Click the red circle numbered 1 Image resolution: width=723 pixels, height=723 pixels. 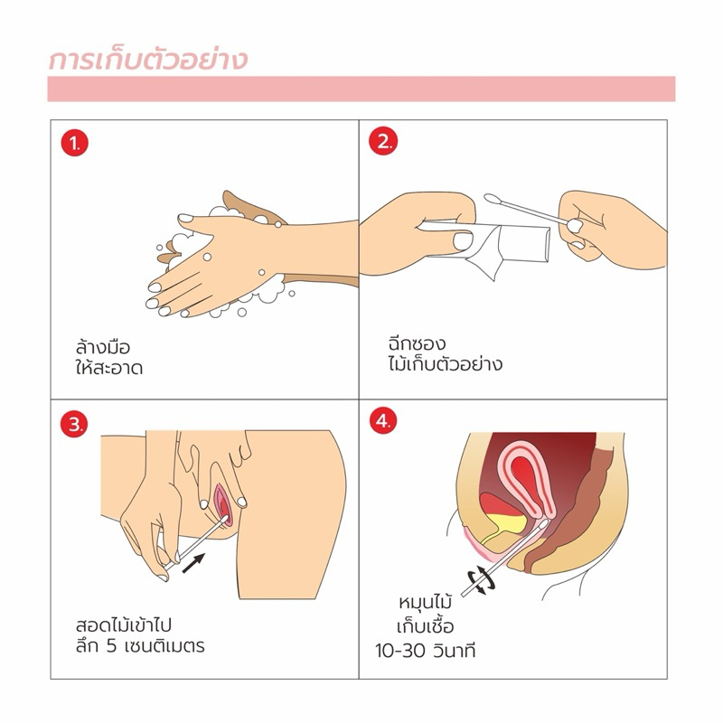[x=74, y=143]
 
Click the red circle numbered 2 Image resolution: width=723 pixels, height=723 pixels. [x=382, y=141]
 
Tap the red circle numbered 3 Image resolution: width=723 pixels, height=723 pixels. [x=74, y=424]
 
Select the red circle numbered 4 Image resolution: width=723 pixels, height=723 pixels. [x=382, y=421]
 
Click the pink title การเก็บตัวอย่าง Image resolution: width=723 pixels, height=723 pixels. [x=148, y=60]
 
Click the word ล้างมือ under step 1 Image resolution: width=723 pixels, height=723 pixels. [x=103, y=346]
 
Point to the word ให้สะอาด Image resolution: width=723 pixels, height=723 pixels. [x=109, y=368]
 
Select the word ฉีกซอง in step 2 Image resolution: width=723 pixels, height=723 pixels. [x=417, y=343]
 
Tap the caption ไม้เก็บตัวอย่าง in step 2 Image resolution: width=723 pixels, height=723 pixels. [x=446, y=364]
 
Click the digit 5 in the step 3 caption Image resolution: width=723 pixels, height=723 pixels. [x=111, y=646]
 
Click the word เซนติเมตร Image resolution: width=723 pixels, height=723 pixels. [x=164, y=646]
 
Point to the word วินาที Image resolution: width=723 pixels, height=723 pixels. [x=455, y=650]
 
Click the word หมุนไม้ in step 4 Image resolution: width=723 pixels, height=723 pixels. [x=425, y=602]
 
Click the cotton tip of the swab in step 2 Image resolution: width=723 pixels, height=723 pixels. [x=493, y=199]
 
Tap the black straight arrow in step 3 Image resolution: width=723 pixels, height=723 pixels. [x=193, y=563]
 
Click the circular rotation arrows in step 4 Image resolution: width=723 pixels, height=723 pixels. [x=482, y=579]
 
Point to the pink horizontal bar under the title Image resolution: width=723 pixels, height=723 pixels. [x=361, y=89]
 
